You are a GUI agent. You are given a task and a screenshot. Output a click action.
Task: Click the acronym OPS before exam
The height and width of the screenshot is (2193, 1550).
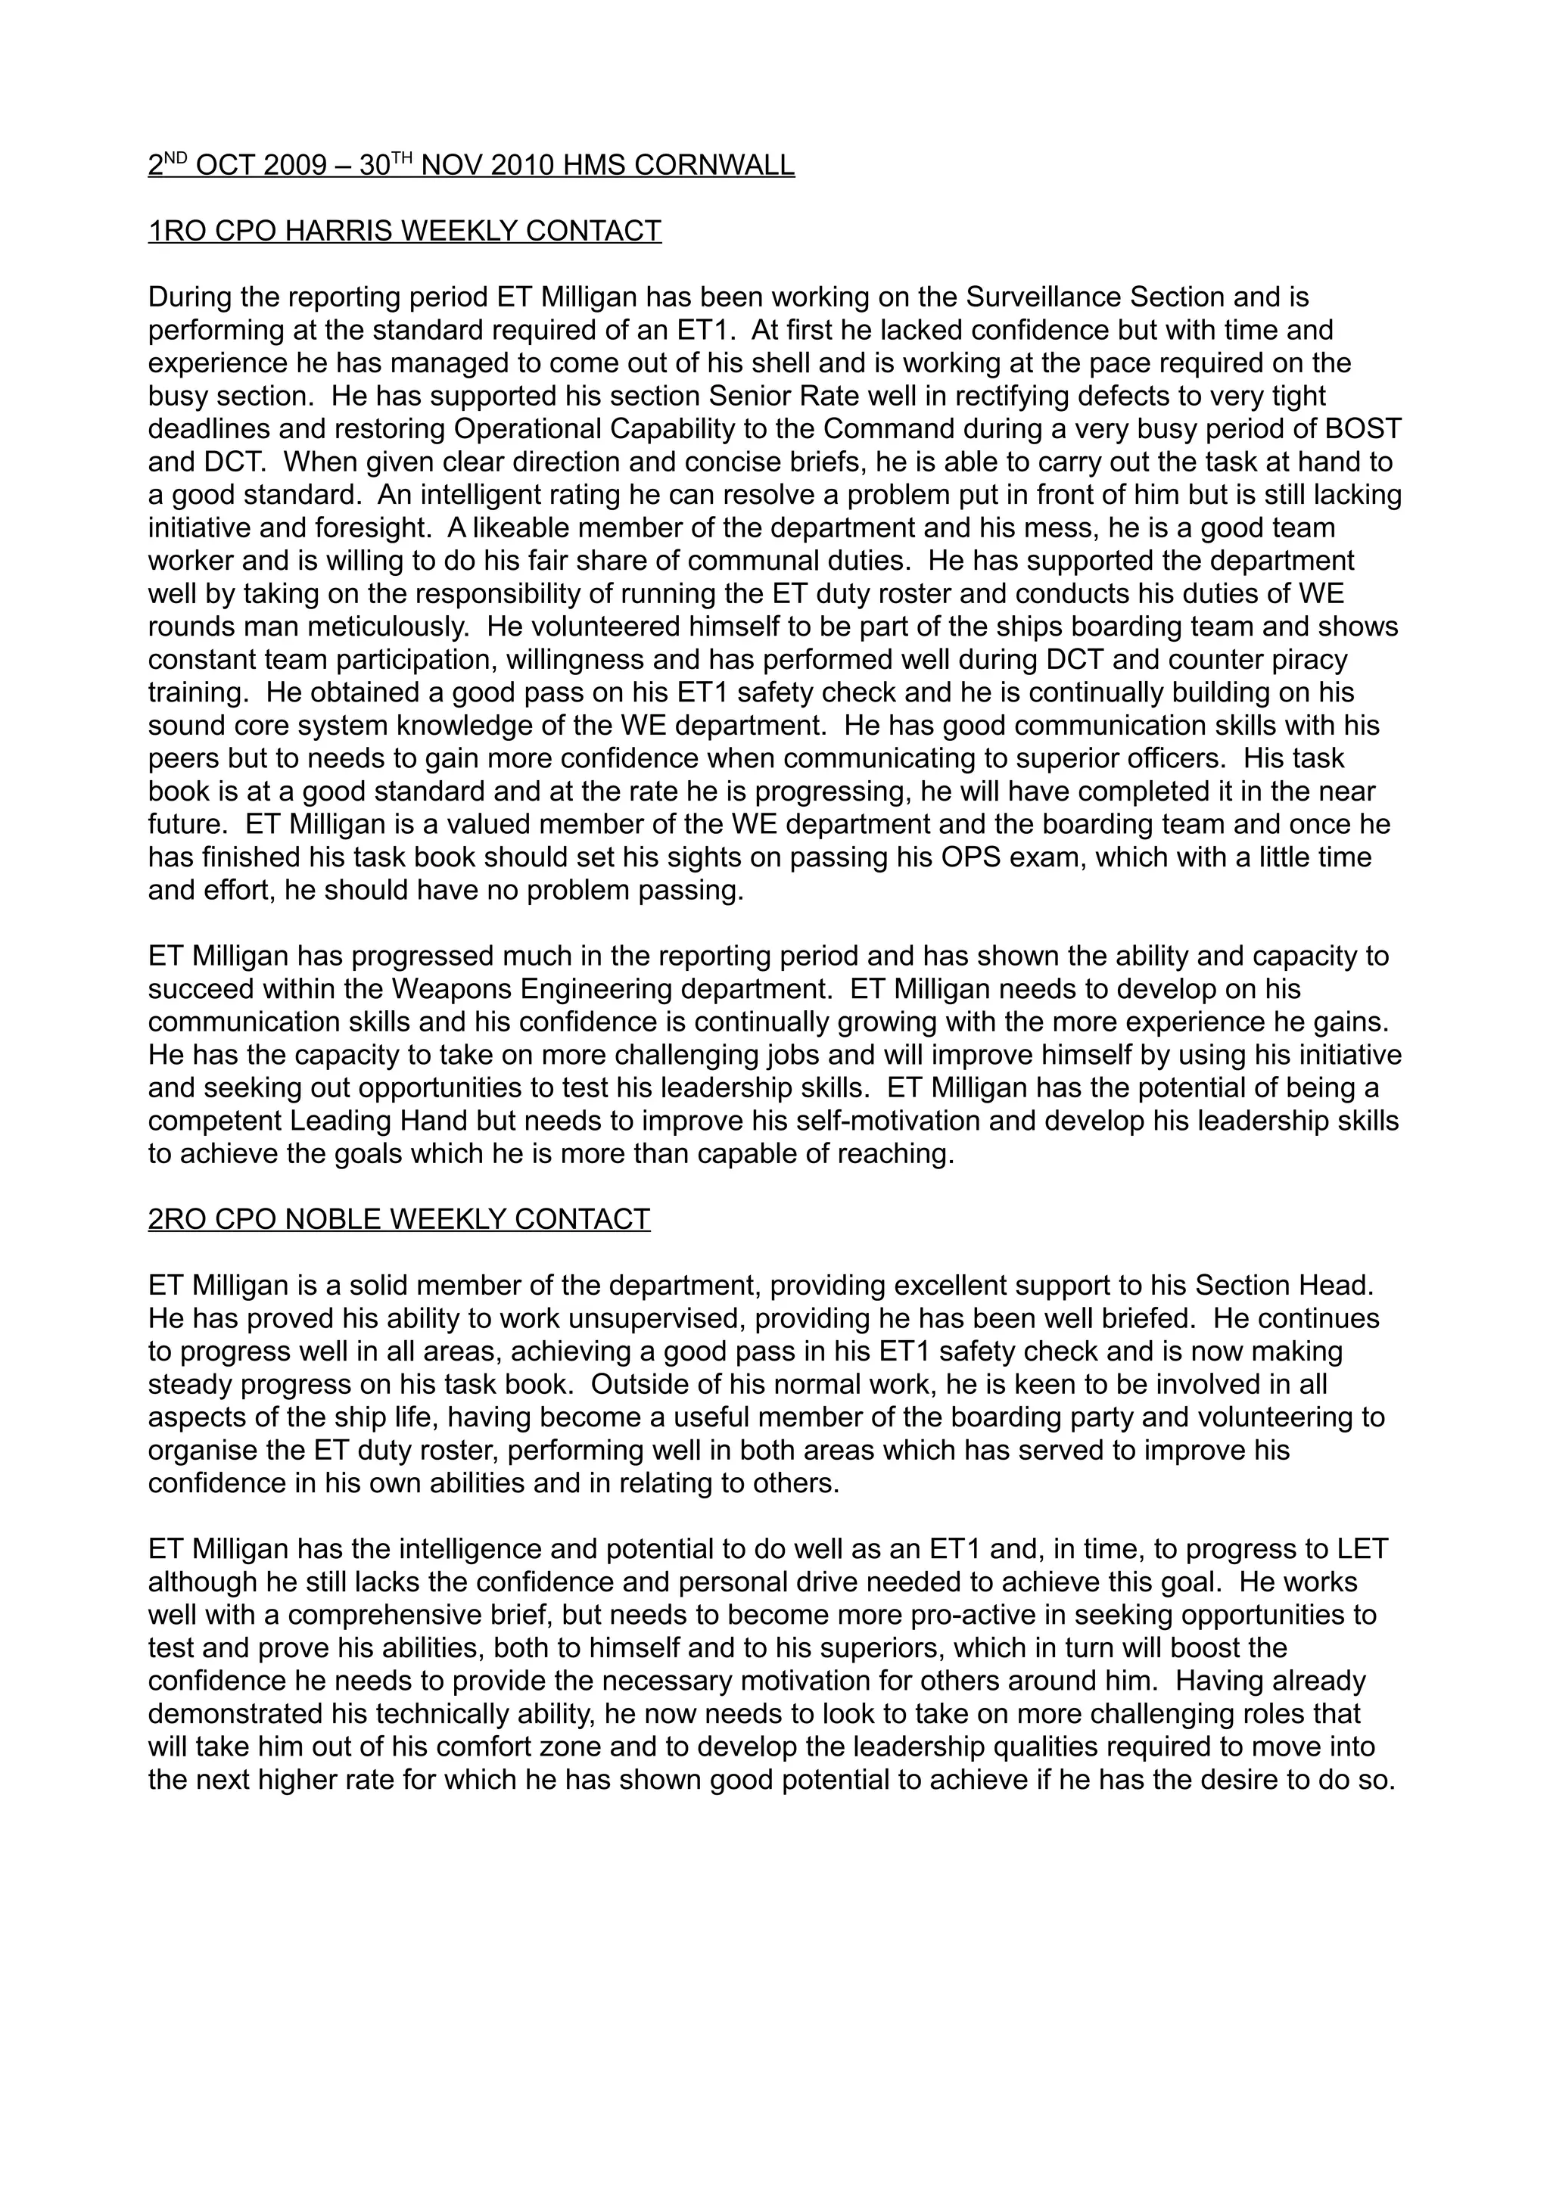click(x=907, y=857)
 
